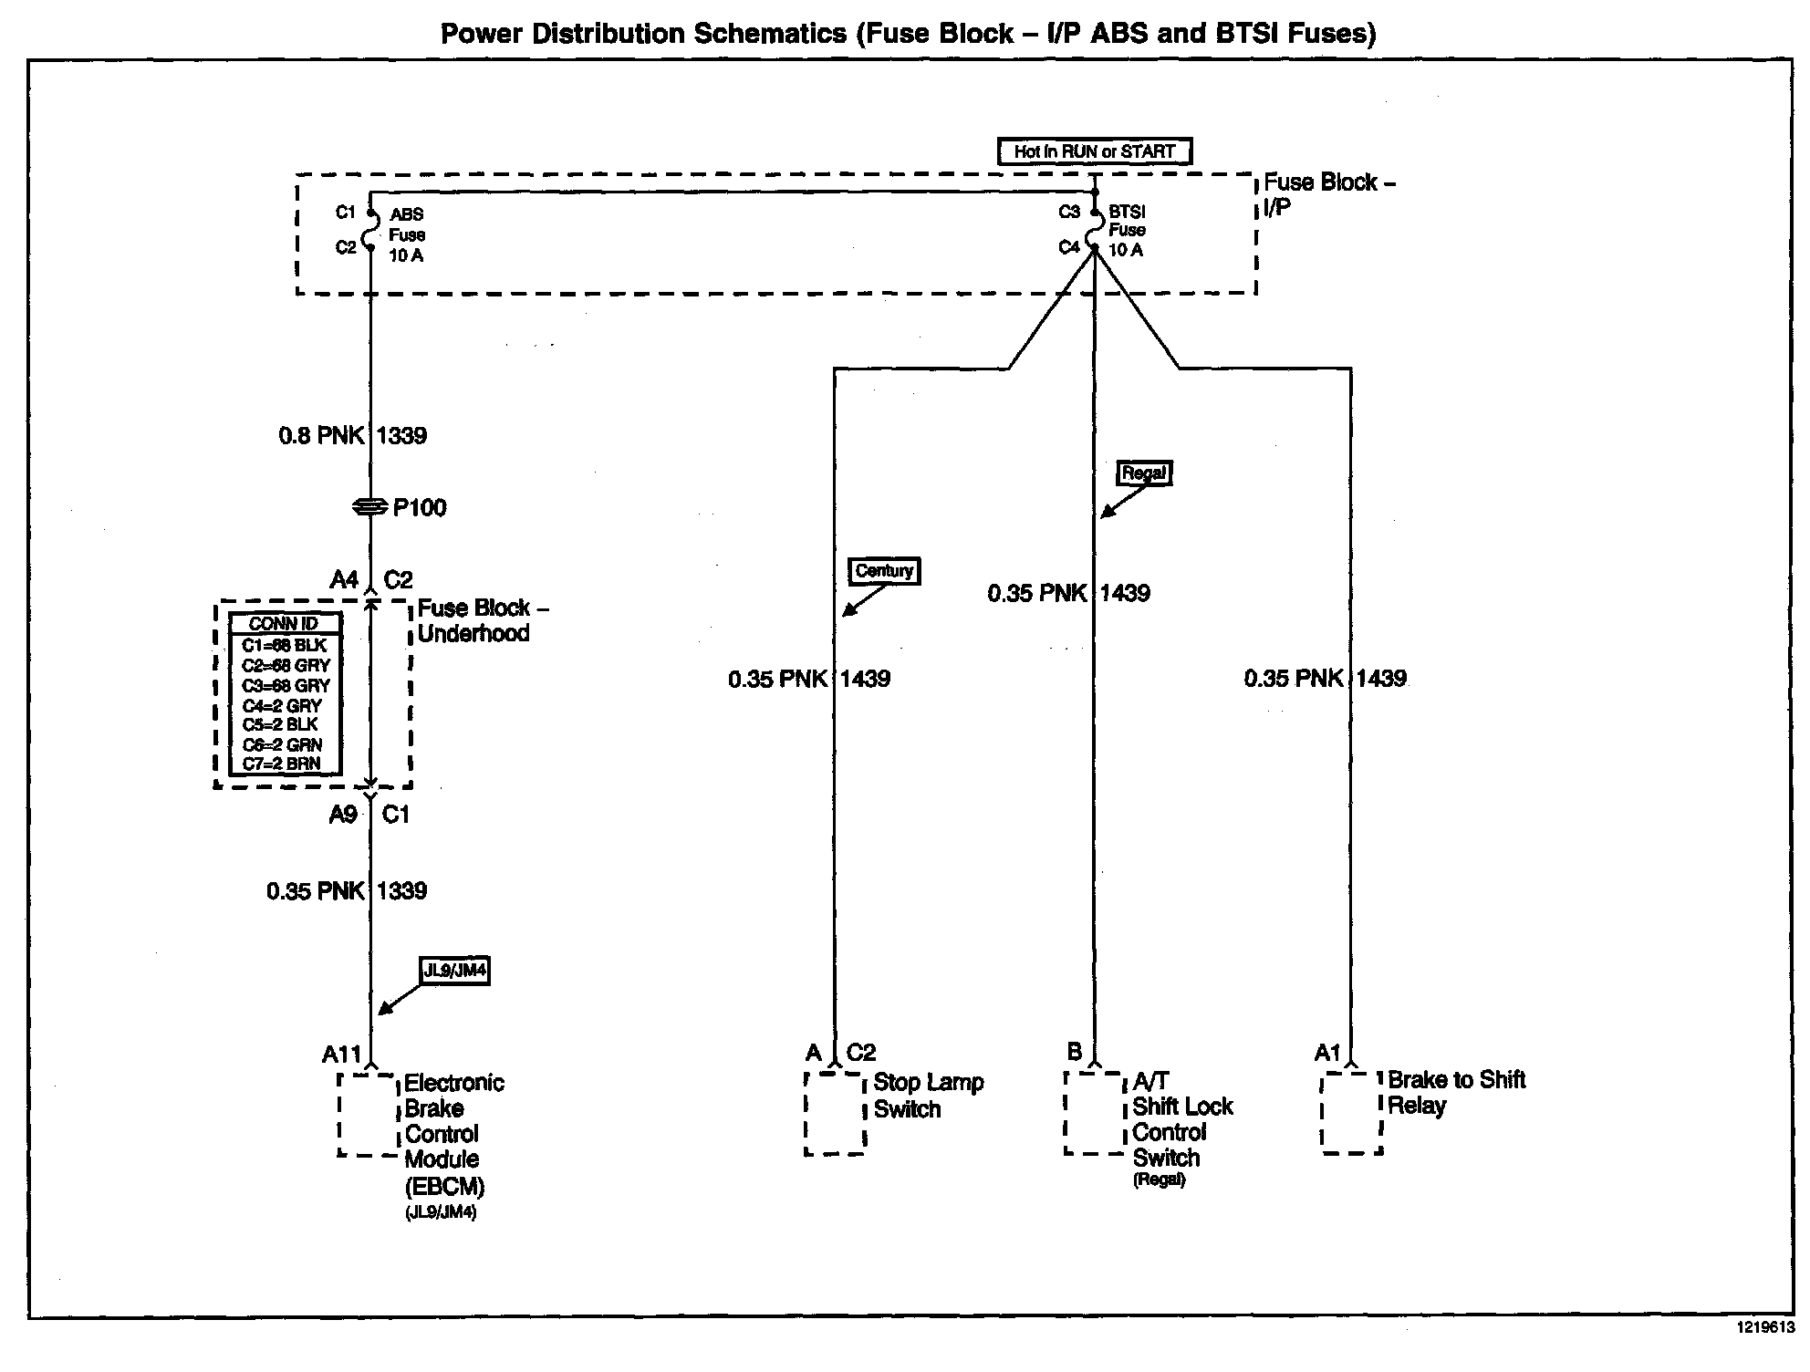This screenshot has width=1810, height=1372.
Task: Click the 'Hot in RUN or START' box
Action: click(x=1094, y=151)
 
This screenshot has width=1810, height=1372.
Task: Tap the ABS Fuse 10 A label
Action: click(x=406, y=235)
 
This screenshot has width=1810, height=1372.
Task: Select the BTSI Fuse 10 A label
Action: click(x=1127, y=231)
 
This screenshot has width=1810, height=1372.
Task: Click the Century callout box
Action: click(x=884, y=571)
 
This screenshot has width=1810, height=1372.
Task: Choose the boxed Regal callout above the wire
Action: click(x=1143, y=473)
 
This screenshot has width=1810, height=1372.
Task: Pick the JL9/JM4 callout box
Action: click(x=453, y=971)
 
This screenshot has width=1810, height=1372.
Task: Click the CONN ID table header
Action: click(x=284, y=624)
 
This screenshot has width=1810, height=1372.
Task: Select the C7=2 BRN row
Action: click(x=282, y=764)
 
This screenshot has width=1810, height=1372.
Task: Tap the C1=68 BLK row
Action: click(x=284, y=645)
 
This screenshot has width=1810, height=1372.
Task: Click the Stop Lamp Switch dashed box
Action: click(x=835, y=1113)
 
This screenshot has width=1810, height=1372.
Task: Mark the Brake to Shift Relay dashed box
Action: click(x=1352, y=1113)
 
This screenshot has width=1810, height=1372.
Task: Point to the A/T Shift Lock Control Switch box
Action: click(x=1093, y=1113)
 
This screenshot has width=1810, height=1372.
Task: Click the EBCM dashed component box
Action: click(x=369, y=1115)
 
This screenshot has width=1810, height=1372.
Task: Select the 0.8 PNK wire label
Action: click(x=320, y=436)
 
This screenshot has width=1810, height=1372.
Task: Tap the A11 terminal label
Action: click(x=341, y=1055)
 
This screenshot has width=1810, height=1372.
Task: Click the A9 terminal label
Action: click(x=343, y=815)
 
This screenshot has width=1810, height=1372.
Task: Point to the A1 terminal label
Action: click(x=1326, y=1054)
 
